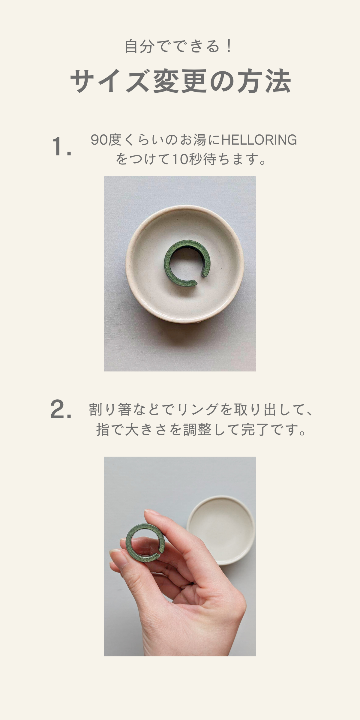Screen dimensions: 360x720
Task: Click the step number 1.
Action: coord(61,146)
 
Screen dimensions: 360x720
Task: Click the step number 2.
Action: coord(61,409)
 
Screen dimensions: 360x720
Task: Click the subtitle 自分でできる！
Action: coord(178,46)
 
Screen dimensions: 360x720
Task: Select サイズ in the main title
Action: coord(109,81)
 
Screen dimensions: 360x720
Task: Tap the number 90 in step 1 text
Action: coord(99,140)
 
